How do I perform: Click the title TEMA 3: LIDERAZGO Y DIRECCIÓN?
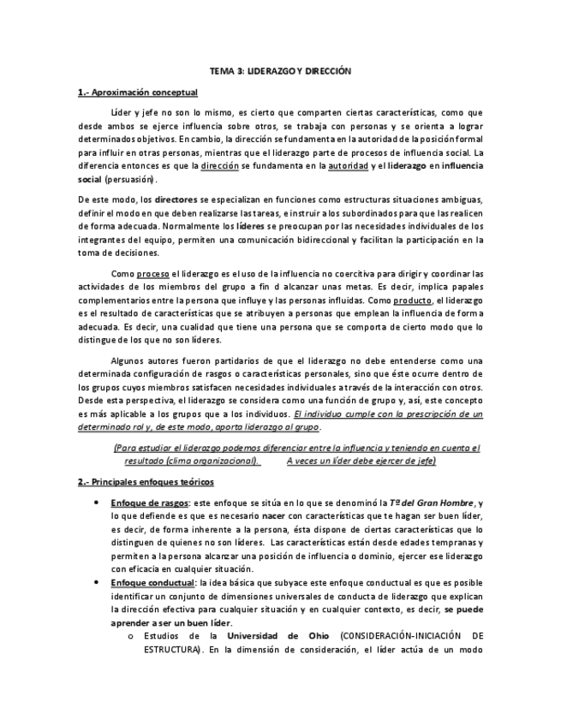281,74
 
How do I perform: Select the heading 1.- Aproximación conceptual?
137,92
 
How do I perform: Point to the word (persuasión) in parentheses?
131,180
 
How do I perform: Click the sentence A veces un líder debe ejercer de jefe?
362,461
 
